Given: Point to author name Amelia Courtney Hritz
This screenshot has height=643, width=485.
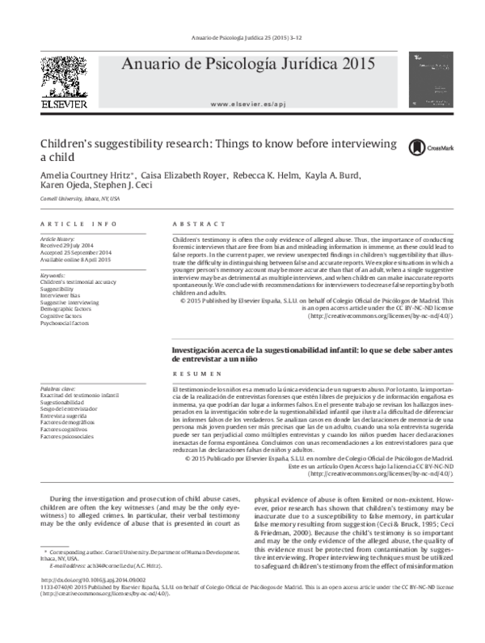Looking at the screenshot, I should click(x=86, y=176).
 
